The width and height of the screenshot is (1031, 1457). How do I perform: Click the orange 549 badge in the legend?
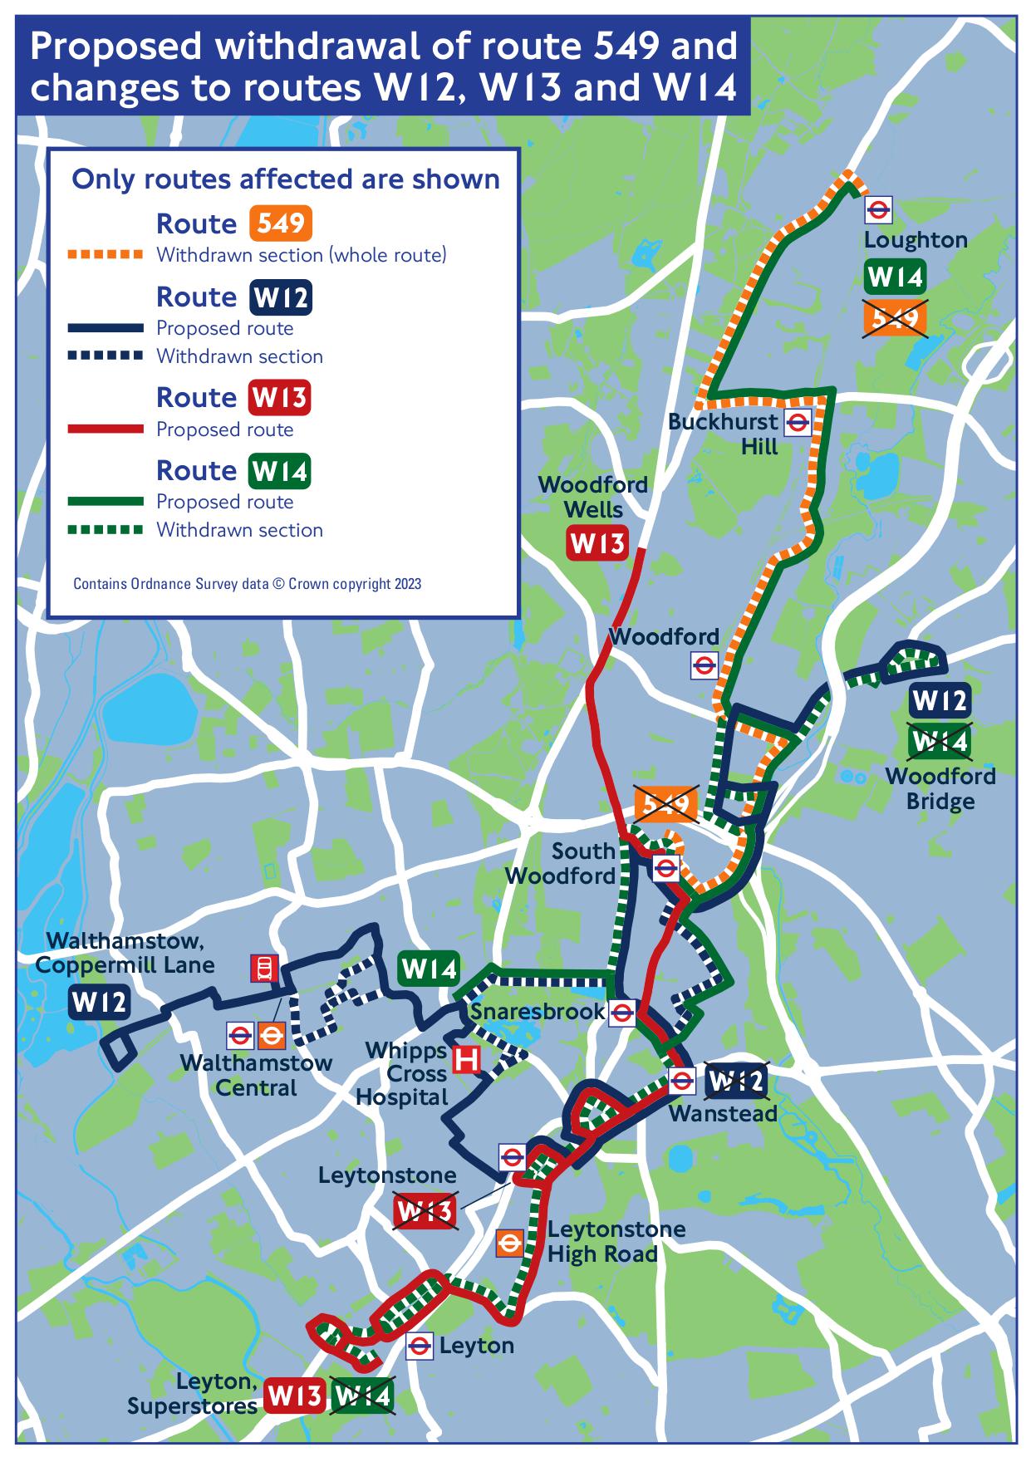click(x=280, y=223)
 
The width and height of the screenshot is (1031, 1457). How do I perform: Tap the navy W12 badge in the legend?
click(x=280, y=297)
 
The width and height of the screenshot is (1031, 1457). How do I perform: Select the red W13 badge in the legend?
click(x=279, y=398)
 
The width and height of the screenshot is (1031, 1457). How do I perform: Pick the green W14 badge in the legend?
click(x=279, y=471)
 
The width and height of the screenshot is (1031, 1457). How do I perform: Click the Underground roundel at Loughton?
click(x=878, y=210)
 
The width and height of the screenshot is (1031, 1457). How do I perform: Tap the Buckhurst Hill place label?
click(x=724, y=434)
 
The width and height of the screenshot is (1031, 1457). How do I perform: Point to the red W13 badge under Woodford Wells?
click(x=597, y=544)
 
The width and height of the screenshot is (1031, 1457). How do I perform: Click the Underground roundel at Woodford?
click(x=705, y=665)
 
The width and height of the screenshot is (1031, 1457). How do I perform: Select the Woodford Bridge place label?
click(x=940, y=788)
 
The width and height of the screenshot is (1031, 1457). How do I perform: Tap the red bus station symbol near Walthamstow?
click(x=264, y=968)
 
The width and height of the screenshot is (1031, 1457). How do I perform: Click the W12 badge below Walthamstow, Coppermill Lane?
click(x=99, y=1003)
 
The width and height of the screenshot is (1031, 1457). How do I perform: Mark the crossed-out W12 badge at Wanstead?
click(x=734, y=1081)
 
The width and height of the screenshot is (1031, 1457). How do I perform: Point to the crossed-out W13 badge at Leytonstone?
click(x=425, y=1212)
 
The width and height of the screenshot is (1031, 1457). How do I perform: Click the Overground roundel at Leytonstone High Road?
click(x=508, y=1243)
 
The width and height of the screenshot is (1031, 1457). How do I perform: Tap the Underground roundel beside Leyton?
click(x=420, y=1347)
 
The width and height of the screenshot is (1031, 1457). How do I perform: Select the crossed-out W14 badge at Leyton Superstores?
click(x=361, y=1396)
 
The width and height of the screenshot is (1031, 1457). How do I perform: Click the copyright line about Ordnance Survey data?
click(x=247, y=584)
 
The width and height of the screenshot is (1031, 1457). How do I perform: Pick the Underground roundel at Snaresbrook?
click(x=622, y=1013)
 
